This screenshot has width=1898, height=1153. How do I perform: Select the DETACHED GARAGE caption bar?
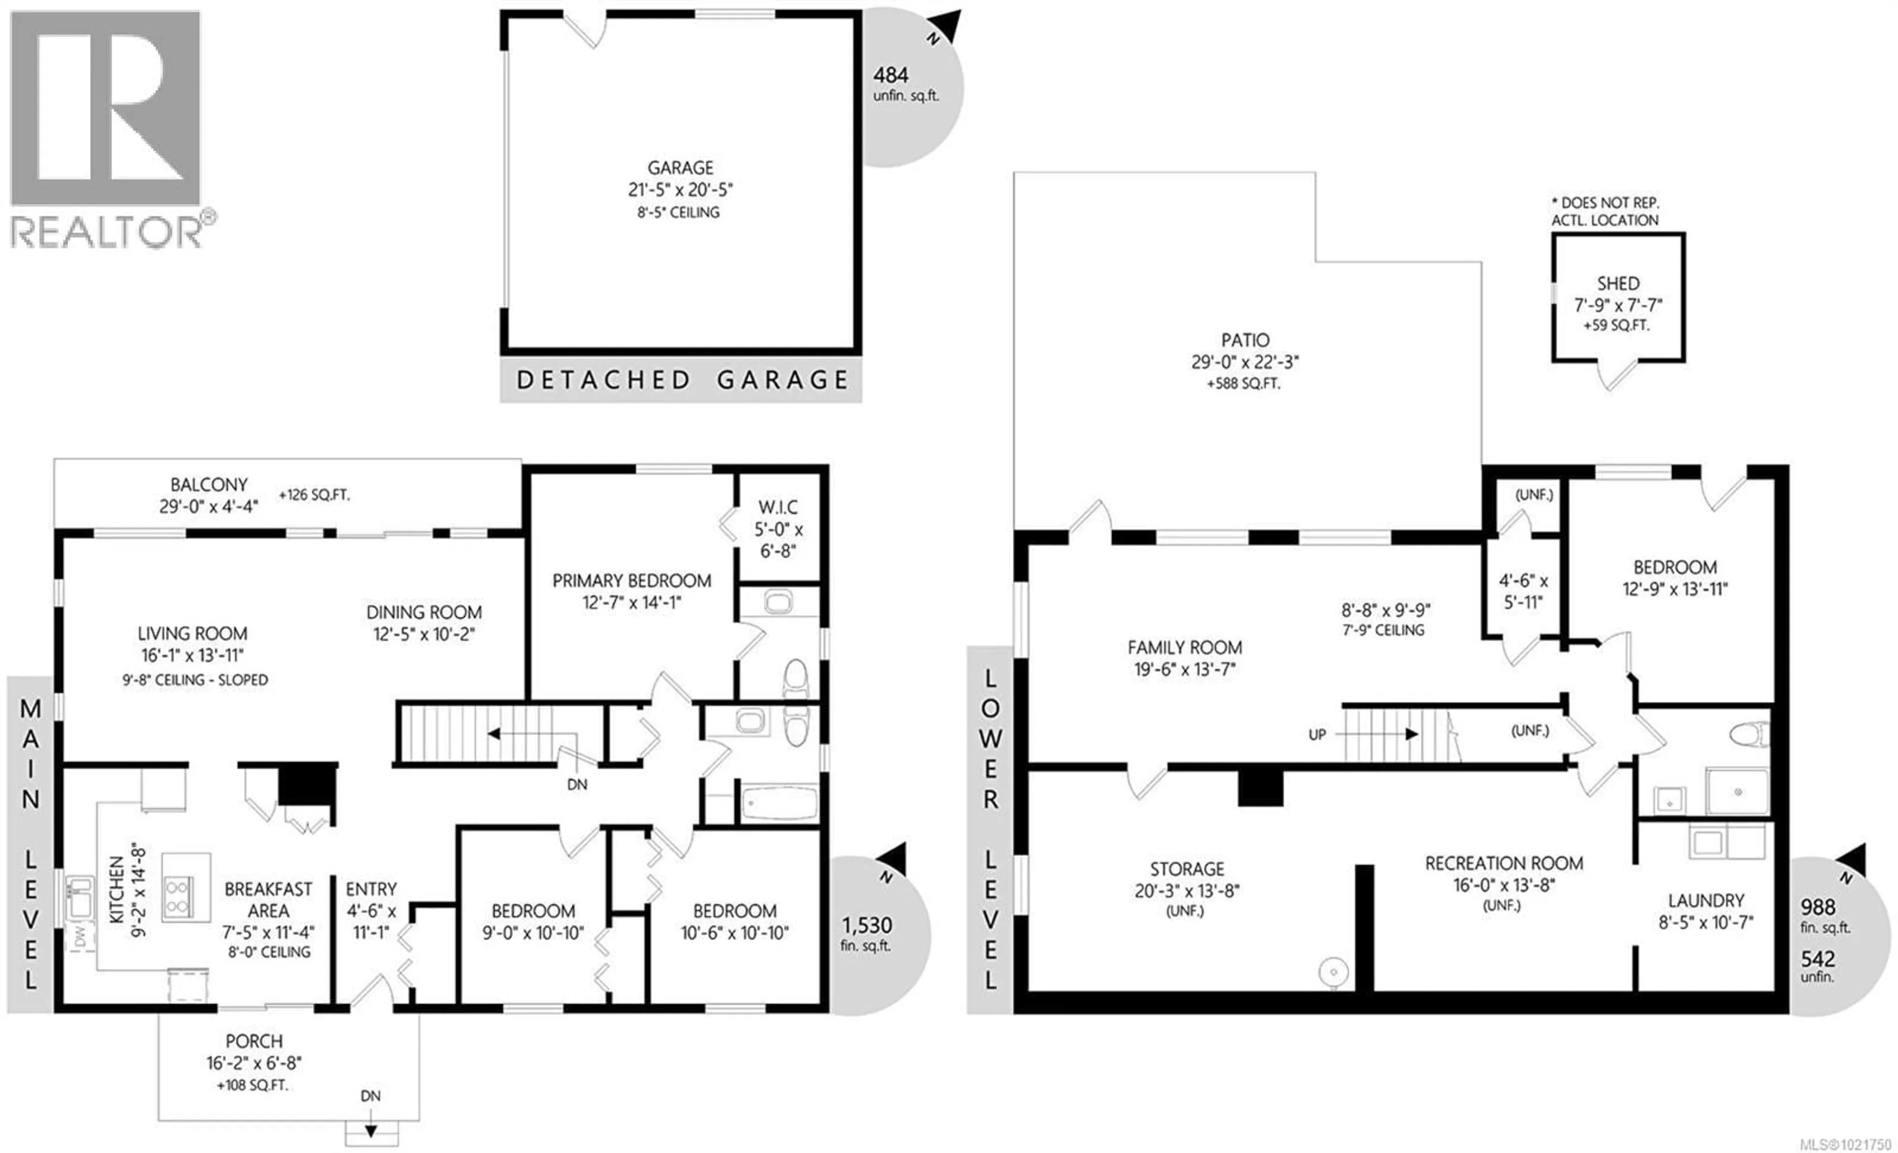(x=681, y=380)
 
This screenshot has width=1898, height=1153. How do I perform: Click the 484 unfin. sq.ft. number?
(x=891, y=76)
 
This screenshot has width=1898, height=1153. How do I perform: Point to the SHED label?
(x=1618, y=284)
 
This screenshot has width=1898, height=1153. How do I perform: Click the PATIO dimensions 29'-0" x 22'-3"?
(x=1245, y=362)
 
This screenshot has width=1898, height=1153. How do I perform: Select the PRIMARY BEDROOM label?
(x=632, y=581)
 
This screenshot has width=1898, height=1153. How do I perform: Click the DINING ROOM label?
(x=424, y=612)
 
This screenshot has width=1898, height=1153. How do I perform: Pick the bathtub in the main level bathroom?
(x=779, y=803)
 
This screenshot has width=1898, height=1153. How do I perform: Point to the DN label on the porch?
(x=371, y=1095)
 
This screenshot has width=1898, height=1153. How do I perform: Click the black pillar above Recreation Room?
(x=1260, y=788)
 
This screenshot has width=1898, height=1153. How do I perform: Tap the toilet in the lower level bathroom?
(x=1749, y=734)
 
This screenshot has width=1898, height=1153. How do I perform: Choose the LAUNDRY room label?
(x=1705, y=900)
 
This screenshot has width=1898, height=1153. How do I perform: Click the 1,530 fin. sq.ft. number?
(x=866, y=925)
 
